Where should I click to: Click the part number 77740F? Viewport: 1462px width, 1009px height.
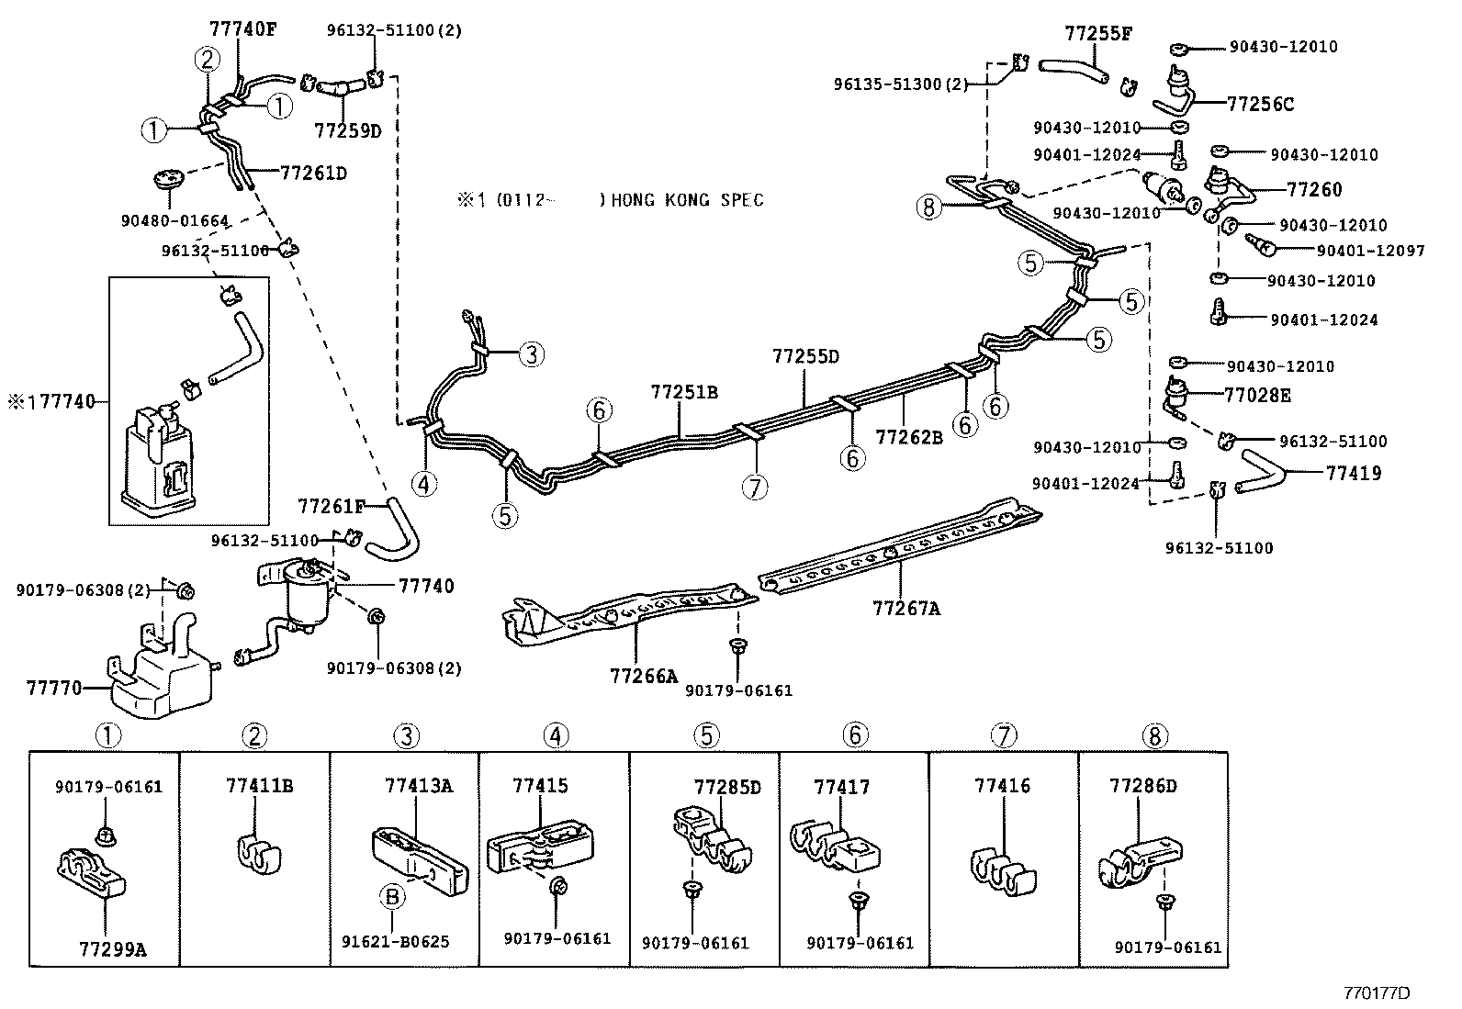pyautogui.click(x=242, y=28)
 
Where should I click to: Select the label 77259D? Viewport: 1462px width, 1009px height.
pyautogui.click(x=347, y=130)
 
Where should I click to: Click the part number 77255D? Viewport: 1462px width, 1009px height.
pyautogui.click(x=805, y=356)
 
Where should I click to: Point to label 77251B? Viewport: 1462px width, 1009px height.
pyautogui.click(x=684, y=392)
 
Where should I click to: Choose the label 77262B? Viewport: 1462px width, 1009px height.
pyautogui.click(x=908, y=437)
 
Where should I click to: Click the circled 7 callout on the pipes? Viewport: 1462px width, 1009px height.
pyautogui.click(x=754, y=488)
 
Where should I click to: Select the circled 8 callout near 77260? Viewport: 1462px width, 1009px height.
pyautogui.click(x=929, y=207)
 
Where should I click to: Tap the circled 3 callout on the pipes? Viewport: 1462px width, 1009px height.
pyautogui.click(x=531, y=353)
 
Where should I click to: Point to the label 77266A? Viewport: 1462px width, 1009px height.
pyautogui.click(x=643, y=677)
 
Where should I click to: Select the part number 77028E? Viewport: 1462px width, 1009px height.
pyautogui.click(x=1257, y=395)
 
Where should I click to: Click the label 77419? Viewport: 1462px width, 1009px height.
pyautogui.click(x=1353, y=474)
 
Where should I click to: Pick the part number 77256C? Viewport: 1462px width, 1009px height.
pyautogui.click(x=1260, y=104)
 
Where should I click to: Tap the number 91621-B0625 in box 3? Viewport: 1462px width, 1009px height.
pyautogui.click(x=395, y=942)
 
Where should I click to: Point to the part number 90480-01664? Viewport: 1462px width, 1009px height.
pyautogui.click(x=174, y=220)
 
